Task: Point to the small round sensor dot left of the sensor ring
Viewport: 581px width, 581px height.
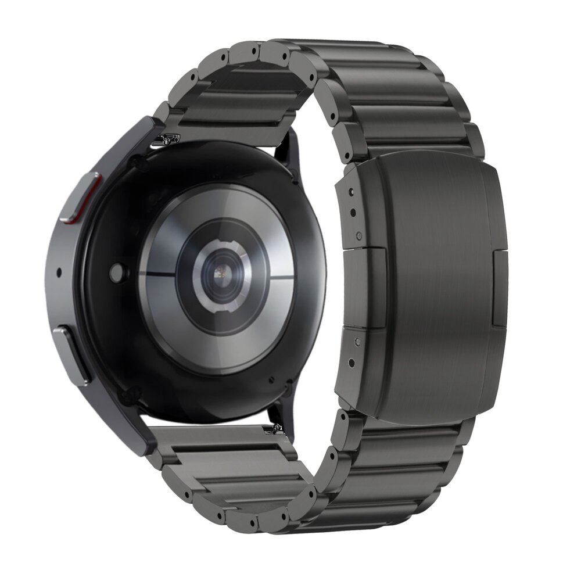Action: coord(118,271)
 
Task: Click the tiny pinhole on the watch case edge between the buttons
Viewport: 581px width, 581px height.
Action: coord(59,271)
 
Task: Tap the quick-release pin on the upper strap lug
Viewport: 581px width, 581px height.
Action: coord(169,139)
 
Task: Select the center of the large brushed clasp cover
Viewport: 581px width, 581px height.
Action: coord(433,285)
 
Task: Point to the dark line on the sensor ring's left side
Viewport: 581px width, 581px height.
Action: coord(157,273)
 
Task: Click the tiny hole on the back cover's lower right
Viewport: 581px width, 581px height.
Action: coord(271,381)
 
